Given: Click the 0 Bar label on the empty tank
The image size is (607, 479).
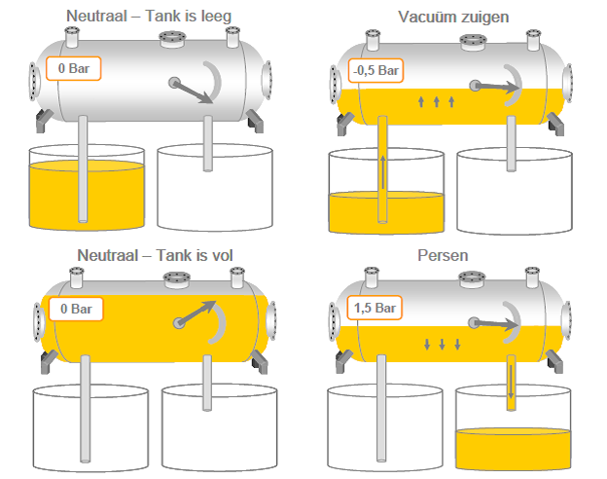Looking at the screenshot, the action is point(74,68).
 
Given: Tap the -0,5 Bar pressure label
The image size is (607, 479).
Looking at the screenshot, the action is point(375,70).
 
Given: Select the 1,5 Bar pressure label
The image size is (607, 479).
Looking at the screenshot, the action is point(375,308).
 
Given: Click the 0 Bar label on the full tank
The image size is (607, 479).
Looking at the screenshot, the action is point(76,309).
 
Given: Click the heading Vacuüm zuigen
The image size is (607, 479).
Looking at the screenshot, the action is point(453,17).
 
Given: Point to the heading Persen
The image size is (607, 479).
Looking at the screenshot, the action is point(443,255).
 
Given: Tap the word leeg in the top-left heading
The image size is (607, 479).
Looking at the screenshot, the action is point(216,17).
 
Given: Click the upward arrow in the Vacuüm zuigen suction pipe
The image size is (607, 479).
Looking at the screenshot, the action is point(383,172).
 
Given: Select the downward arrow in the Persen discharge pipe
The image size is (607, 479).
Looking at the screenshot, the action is point(511,382).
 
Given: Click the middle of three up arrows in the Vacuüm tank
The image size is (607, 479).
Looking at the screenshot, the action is point(436,102).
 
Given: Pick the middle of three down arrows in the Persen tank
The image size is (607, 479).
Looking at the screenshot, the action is point(442,344).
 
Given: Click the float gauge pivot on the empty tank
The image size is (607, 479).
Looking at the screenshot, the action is point(174,83).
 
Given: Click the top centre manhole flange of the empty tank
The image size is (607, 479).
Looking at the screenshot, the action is point(172,39).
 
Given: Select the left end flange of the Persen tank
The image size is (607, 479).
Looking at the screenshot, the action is point(334,321).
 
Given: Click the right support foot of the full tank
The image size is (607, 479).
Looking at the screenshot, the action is point(259,362).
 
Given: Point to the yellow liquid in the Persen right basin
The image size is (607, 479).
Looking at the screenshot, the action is point(513,449).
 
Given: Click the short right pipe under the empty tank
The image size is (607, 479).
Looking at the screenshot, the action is point(208,143).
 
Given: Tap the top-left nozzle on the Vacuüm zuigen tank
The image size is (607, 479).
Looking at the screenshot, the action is point(373,40).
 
